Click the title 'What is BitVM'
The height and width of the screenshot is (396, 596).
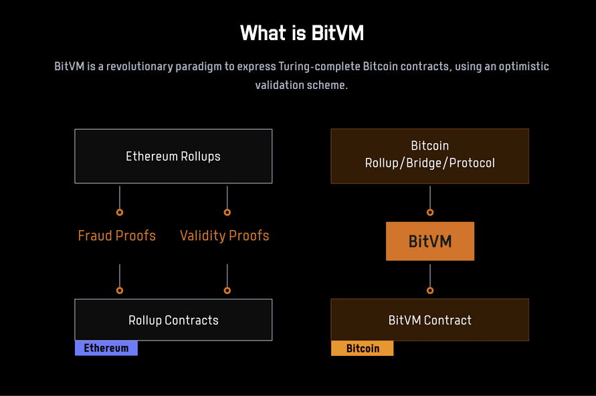tap(302, 33)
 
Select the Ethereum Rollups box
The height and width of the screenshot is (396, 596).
tap(173, 157)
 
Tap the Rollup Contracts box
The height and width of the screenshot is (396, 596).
tap(173, 320)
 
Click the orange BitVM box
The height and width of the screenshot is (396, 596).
tap(430, 241)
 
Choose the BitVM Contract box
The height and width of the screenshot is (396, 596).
tap(430, 320)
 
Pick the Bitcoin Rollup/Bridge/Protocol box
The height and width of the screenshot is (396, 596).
tap(430, 157)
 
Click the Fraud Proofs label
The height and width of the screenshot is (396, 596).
tap(116, 235)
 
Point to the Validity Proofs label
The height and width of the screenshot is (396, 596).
tap(224, 235)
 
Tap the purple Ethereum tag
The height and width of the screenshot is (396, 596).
tap(106, 348)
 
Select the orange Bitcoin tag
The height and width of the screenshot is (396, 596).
tap(363, 348)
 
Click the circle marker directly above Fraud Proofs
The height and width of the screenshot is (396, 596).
tap(120, 213)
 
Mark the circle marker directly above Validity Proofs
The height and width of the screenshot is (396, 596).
tap(227, 213)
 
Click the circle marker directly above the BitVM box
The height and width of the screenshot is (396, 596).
tap(430, 213)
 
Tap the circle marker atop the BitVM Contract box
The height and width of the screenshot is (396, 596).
tap(430, 291)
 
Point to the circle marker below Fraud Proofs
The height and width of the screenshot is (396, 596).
tap(120, 291)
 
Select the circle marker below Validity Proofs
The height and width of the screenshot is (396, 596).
tap(227, 291)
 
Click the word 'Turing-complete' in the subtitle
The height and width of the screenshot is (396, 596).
tap(319, 66)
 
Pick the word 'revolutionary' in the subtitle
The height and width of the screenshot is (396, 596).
tap(140, 66)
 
